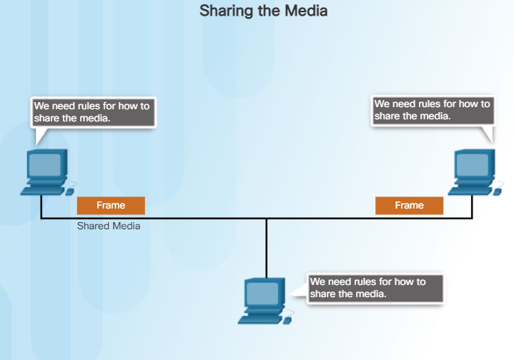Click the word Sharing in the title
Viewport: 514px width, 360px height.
[222, 11]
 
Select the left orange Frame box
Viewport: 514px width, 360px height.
[111, 206]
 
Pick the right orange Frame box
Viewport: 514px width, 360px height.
[409, 206]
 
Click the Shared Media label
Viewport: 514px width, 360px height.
[109, 226]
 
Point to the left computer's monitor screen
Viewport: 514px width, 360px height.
[46, 165]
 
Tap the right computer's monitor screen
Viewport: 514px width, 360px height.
[473, 165]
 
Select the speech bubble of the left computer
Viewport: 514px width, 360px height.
[93, 112]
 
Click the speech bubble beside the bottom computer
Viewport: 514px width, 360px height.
[375, 288]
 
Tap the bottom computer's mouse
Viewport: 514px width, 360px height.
[287, 319]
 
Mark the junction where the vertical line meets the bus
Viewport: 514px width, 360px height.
[267, 219]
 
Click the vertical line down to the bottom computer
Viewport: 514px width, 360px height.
[267, 246]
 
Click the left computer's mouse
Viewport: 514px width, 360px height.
[70, 191]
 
